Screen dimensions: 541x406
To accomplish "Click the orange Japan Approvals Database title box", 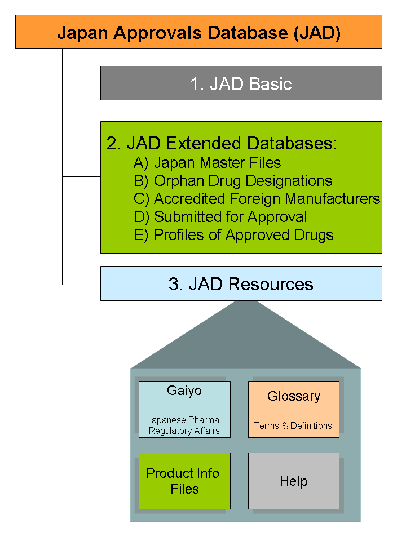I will [198, 32].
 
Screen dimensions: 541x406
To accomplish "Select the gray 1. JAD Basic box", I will [241, 83].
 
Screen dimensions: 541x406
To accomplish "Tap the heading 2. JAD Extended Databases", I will [221, 143].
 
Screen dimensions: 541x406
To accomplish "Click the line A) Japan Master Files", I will [207, 163].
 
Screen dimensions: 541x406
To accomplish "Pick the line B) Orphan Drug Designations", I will [232, 181].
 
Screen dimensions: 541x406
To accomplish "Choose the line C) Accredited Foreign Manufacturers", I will [257, 199].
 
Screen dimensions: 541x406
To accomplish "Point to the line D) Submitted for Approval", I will [220, 217].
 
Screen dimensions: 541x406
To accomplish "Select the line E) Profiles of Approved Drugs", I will [233, 235].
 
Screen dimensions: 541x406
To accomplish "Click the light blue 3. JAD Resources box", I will [241, 283].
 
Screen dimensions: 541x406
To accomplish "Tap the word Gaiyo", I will [184, 391].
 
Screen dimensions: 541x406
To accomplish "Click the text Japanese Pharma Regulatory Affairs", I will [184, 425].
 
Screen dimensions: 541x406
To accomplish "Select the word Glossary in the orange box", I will [293, 396].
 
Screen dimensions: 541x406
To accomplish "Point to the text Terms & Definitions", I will [293, 425].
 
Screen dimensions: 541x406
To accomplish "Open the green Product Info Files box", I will [184, 481].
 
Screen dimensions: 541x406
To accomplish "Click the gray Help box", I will [293, 481].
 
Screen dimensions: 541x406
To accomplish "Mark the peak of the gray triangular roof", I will [244, 302].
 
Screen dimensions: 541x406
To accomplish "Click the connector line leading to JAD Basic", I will [81, 83].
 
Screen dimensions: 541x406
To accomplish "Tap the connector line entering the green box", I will [81, 176].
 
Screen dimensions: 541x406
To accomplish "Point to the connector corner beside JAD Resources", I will [63, 284].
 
